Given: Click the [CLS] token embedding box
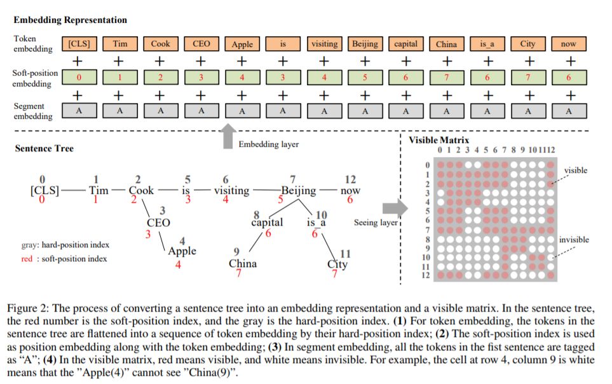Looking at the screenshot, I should pyautogui.click(x=79, y=44).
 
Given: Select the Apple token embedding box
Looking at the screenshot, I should pyautogui.click(x=242, y=44).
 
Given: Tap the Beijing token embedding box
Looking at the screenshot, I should pyautogui.click(x=365, y=44).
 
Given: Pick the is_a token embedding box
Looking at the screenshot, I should pyautogui.click(x=487, y=44).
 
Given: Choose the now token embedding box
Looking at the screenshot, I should pyautogui.click(x=569, y=44).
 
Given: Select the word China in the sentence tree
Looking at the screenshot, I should pyautogui.click(x=243, y=263).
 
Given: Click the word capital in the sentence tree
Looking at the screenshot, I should pyautogui.click(x=267, y=223).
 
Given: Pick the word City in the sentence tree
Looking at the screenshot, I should pyautogui.click(x=337, y=264).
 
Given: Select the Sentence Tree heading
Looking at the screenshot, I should pyautogui.click(x=44, y=148).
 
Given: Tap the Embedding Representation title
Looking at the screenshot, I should pyautogui.click(x=70, y=20).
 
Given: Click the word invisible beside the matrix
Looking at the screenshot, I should pyautogui.click(x=574, y=240).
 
